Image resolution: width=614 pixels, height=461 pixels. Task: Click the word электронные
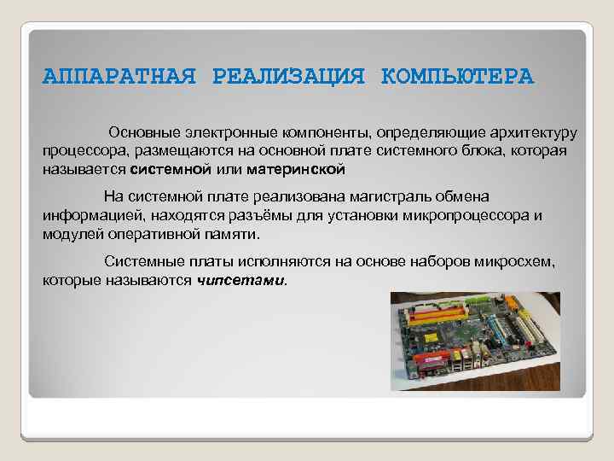click(223, 134)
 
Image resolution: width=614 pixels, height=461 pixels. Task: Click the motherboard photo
click(475, 341)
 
